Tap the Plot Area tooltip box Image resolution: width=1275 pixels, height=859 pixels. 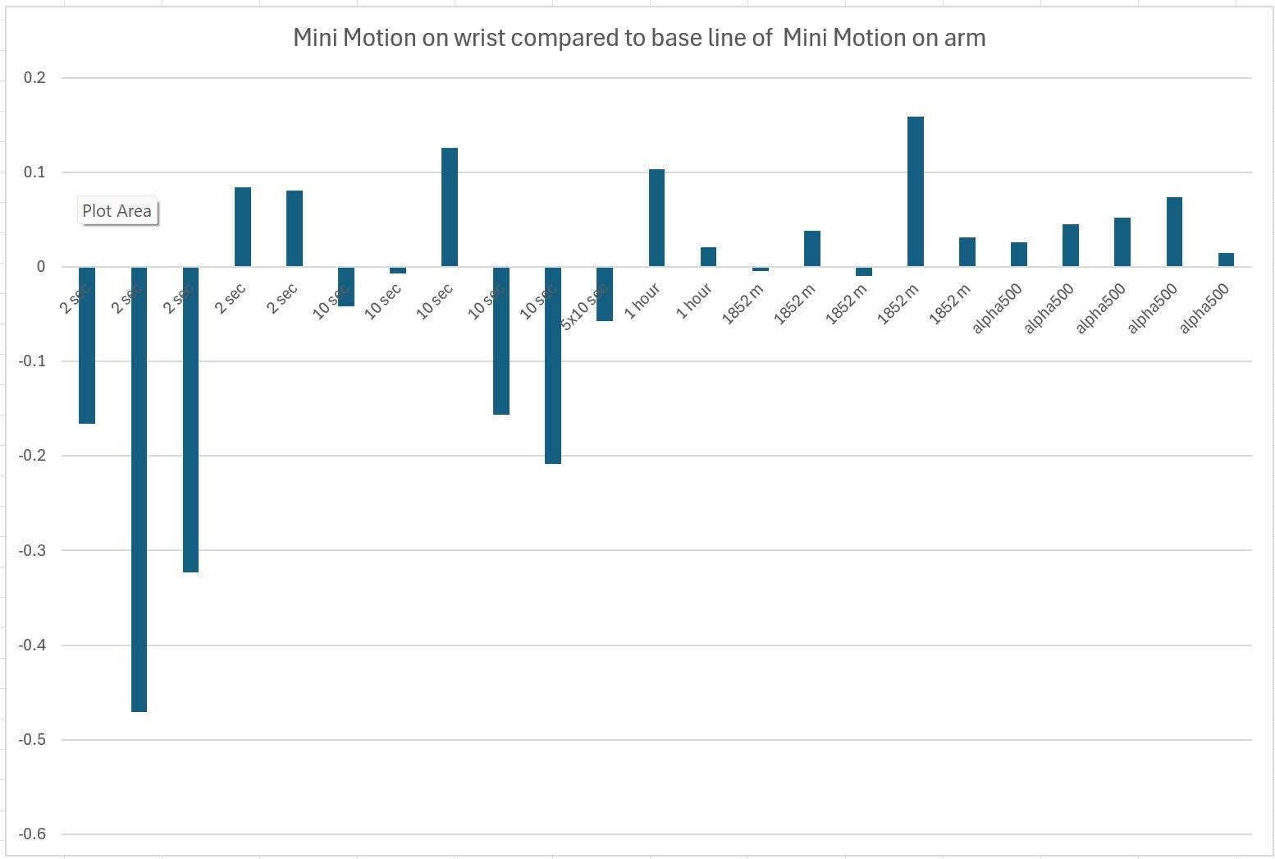tap(117, 211)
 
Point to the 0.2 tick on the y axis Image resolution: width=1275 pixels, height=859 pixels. tap(35, 78)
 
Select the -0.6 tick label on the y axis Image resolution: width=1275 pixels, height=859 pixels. tap(33, 834)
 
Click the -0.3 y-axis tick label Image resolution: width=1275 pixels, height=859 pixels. tap(33, 550)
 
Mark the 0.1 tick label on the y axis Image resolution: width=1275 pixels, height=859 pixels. tap(35, 172)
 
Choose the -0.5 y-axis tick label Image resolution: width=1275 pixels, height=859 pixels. tap(33, 740)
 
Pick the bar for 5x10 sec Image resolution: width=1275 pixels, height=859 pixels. tap(605, 293)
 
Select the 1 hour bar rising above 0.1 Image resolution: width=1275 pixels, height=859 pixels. tap(656, 218)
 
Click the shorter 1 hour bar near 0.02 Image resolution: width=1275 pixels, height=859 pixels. tap(708, 257)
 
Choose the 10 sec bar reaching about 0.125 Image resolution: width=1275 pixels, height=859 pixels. tap(450, 207)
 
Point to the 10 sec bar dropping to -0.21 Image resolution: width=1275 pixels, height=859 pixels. tap(553, 365)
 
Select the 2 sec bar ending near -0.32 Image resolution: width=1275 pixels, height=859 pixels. tap(190, 419)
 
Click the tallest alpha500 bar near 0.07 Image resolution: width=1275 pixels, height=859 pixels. tap(1174, 232)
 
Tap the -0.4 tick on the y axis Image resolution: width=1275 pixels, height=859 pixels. tap(33, 645)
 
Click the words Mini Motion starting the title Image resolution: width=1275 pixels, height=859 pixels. tap(354, 38)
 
